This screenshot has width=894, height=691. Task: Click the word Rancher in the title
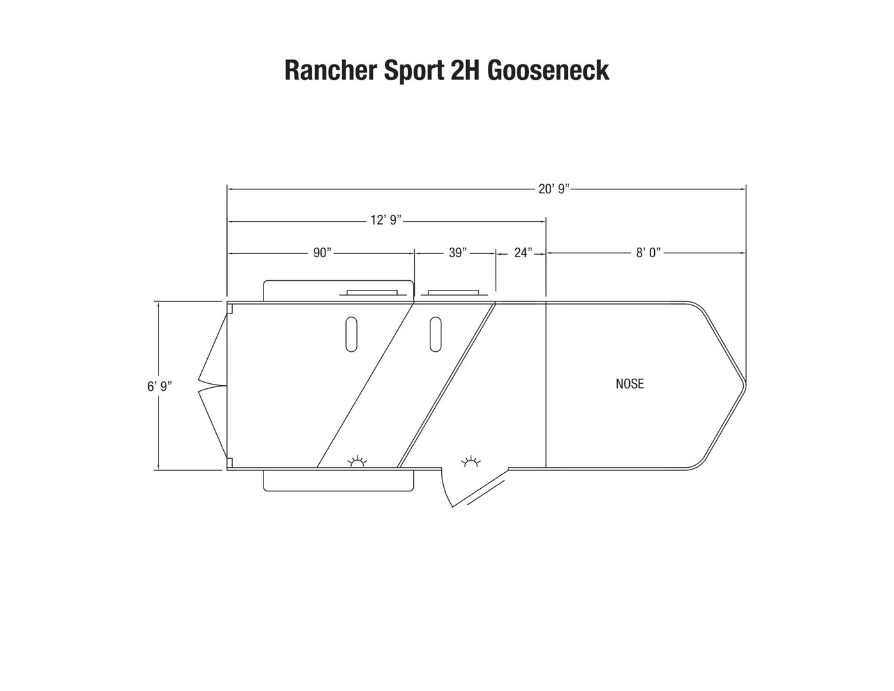tap(330, 70)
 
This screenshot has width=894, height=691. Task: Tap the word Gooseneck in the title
tap(548, 70)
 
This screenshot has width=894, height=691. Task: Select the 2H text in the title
tap(466, 70)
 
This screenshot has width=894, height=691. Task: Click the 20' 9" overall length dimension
tap(554, 189)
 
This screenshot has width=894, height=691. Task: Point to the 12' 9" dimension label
tap(386, 220)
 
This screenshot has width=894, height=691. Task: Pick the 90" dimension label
tap(322, 253)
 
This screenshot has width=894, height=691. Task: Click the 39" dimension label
tap(457, 253)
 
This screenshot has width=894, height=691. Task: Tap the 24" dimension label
tap(523, 253)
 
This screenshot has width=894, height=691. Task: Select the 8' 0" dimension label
tap(648, 253)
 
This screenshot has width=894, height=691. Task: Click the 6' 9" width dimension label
tap(159, 386)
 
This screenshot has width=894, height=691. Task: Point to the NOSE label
tap(629, 383)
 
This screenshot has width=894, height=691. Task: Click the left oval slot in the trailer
tap(351, 334)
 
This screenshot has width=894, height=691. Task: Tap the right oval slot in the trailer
tap(435, 334)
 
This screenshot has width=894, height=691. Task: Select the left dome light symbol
tap(357, 462)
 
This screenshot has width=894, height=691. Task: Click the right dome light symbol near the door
tap(471, 461)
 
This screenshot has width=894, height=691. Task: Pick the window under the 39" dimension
tap(453, 292)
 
